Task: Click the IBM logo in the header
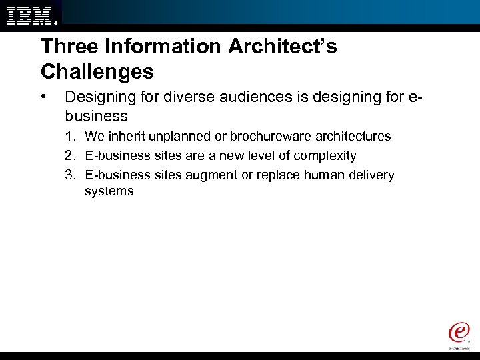[31, 13]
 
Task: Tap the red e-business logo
[459, 333]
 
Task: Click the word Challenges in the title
[97, 71]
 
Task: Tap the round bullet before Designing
[44, 97]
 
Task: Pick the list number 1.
[69, 137]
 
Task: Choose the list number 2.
[69, 156]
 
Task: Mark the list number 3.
[69, 175]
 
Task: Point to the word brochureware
[265, 137]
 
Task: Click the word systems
[109, 191]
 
